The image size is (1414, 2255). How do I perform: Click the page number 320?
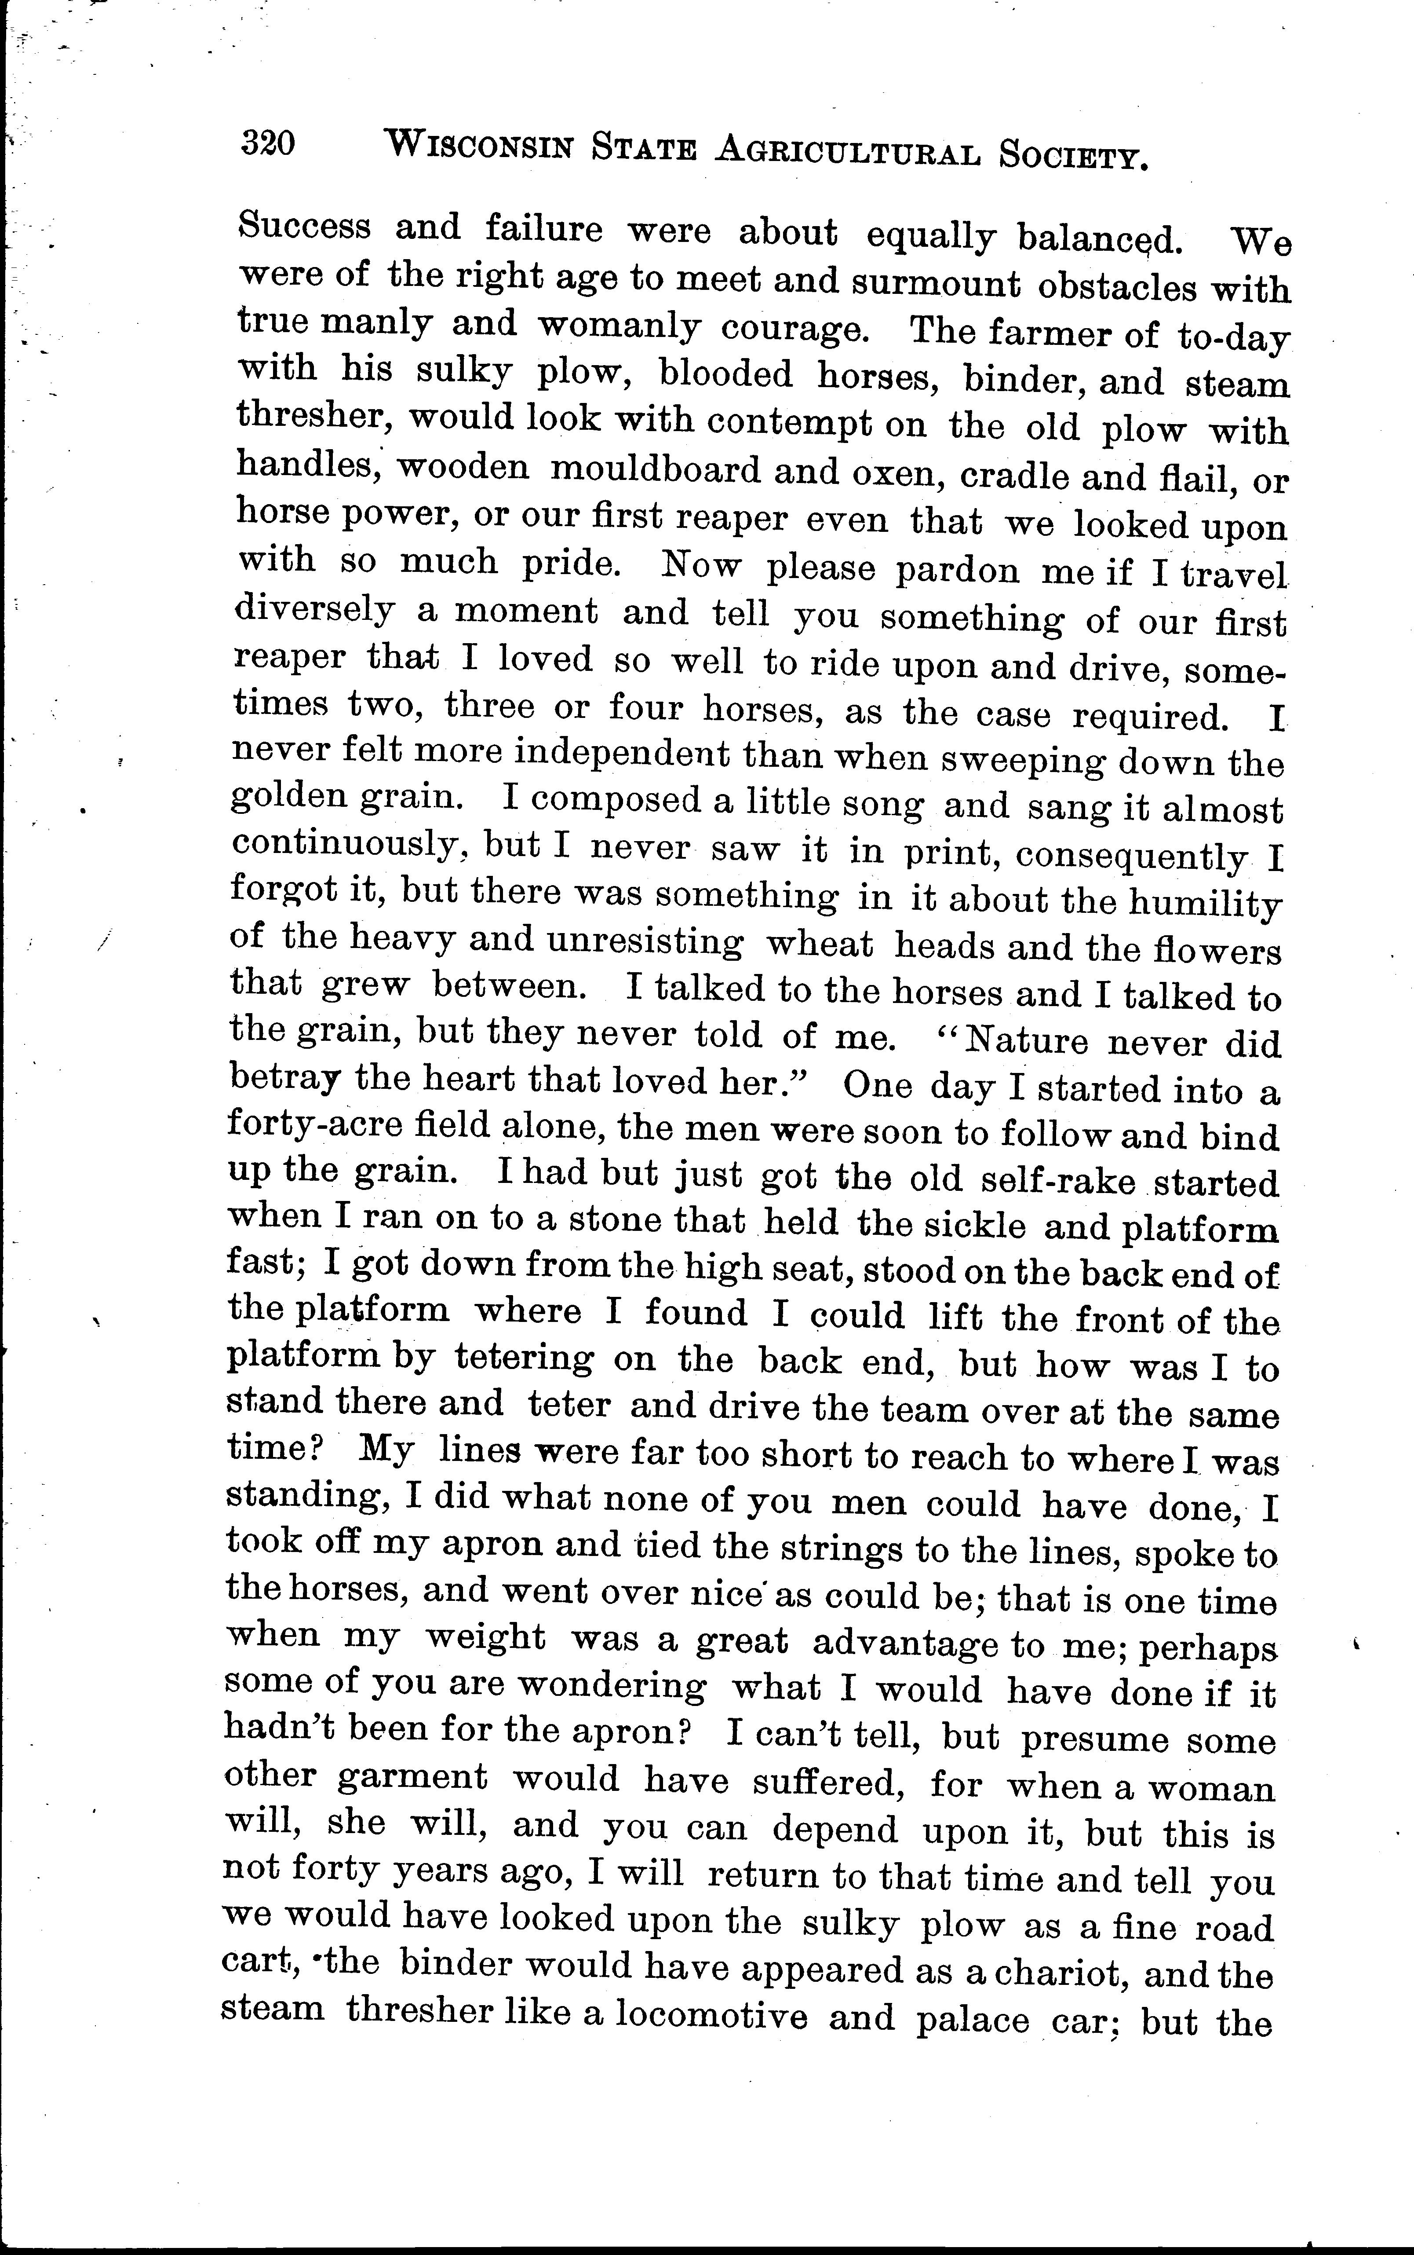[268, 143]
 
